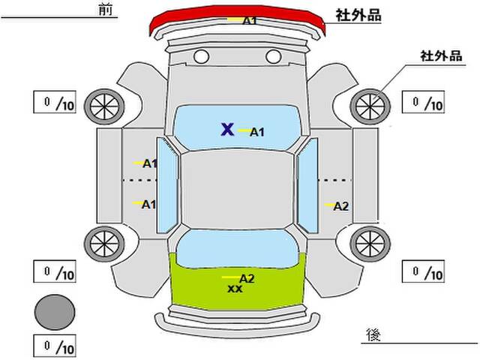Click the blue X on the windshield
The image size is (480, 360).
[227, 129]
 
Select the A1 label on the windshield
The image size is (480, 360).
[257, 132]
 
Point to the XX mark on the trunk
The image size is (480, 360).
[235, 289]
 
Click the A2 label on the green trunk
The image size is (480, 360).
[247, 278]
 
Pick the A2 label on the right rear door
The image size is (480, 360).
[341, 206]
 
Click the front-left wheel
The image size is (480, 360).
[104, 106]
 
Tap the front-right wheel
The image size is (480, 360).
[370, 106]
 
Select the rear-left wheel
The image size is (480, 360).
[104, 244]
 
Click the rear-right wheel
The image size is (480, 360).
[370, 244]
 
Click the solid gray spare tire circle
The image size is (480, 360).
[55, 312]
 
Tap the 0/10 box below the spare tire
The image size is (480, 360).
[55, 346]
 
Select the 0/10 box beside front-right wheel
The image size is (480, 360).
[423, 102]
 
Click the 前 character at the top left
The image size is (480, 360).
[106, 10]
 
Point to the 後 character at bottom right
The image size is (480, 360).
[373, 334]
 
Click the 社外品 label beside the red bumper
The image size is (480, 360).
[358, 15]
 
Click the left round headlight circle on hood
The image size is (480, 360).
[202, 57]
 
